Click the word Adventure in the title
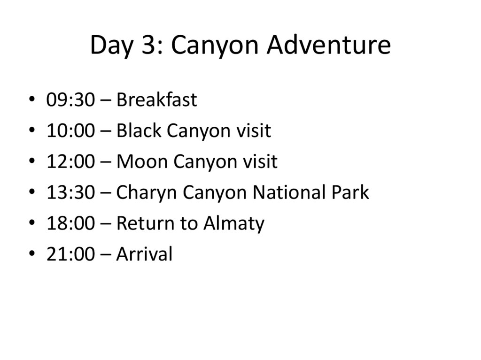pyautogui.click(x=328, y=45)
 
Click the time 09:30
pyautogui.click(x=70, y=100)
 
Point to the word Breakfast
pyautogui.click(x=156, y=100)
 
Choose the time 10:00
pyautogui.click(x=70, y=130)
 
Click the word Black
pyautogui.click(x=139, y=130)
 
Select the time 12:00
pyautogui.click(x=70, y=161)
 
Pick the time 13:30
pyautogui.click(x=70, y=192)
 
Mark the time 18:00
pyautogui.click(x=70, y=223)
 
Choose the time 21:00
pyautogui.click(x=70, y=254)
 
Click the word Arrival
pyautogui.click(x=144, y=254)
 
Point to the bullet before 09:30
pyautogui.click(x=32, y=100)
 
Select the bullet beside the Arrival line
pyautogui.click(x=32, y=254)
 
